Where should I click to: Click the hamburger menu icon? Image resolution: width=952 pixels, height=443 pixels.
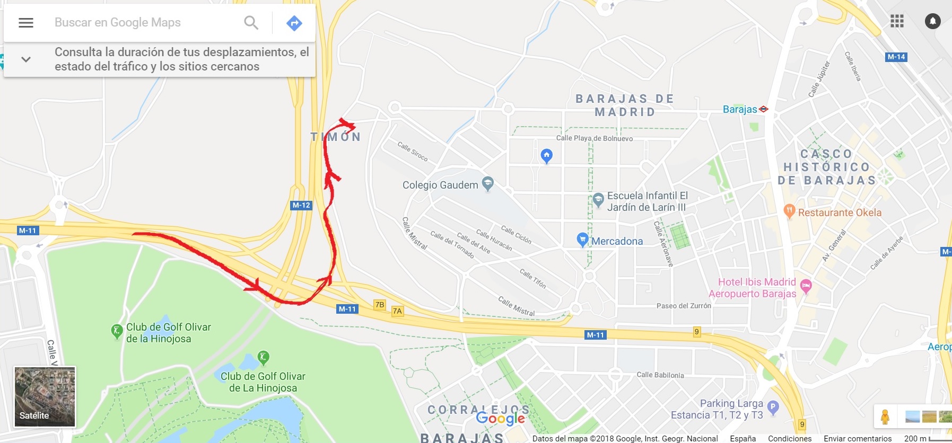(x=26, y=23)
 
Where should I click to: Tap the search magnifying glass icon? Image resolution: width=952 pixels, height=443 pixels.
(x=251, y=23)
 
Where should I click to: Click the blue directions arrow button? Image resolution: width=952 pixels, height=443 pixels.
(x=294, y=23)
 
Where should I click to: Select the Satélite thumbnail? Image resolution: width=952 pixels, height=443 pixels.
(x=45, y=396)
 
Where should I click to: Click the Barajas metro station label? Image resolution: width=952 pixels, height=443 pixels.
(x=740, y=109)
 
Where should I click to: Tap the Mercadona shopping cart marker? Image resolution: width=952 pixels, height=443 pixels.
(x=582, y=240)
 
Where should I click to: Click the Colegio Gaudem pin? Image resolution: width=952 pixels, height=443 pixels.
(x=487, y=183)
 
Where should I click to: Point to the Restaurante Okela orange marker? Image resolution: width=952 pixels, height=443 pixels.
(x=789, y=211)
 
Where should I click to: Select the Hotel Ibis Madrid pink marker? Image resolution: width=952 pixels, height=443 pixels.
(x=806, y=286)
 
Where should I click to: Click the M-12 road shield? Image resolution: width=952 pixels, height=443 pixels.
(x=301, y=205)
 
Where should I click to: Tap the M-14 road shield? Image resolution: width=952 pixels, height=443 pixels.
(x=896, y=57)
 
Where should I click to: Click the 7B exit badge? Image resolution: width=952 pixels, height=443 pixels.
(x=380, y=305)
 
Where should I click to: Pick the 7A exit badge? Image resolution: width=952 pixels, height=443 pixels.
(x=397, y=311)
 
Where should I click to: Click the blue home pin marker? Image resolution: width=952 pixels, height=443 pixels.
(x=546, y=155)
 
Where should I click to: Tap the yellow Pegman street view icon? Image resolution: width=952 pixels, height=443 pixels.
(x=885, y=417)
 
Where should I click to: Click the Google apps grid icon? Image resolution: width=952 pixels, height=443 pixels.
(x=897, y=21)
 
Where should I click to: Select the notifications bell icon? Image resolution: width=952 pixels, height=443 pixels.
(x=932, y=21)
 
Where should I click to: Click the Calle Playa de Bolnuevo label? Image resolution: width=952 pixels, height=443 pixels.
(x=594, y=138)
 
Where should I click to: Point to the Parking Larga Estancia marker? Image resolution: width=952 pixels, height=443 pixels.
(x=773, y=407)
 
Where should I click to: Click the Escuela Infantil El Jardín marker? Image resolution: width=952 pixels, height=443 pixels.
(x=598, y=200)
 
